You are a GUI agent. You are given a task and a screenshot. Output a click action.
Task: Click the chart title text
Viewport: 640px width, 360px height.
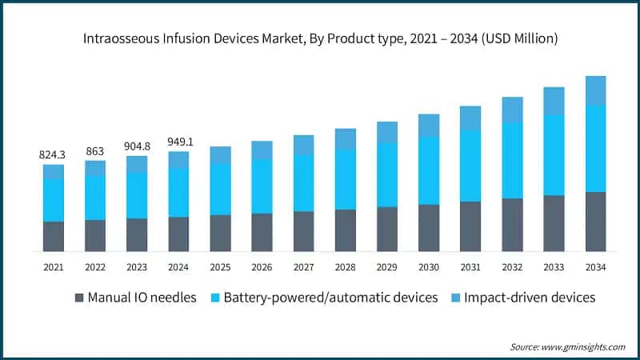tap(319, 38)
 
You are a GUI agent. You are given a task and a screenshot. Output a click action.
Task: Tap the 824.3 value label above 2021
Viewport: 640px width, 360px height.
tap(54, 154)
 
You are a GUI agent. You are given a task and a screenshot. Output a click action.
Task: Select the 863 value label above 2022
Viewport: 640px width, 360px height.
tap(95, 150)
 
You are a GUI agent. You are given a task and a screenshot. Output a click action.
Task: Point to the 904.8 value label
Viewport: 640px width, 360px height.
tap(137, 146)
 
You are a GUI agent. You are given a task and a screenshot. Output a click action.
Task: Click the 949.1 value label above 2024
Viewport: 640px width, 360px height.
tap(178, 142)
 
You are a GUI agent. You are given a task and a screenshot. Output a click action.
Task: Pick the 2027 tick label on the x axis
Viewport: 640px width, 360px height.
tap(303, 266)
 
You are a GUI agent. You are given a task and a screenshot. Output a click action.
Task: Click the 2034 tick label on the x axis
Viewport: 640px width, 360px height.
tap(595, 266)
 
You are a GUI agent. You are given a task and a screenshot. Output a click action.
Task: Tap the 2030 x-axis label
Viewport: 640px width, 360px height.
tap(429, 266)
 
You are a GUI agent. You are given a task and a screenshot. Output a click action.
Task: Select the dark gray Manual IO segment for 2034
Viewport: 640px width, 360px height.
tap(595, 222)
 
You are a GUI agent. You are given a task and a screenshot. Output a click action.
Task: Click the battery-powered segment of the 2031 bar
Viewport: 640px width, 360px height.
tap(470, 166)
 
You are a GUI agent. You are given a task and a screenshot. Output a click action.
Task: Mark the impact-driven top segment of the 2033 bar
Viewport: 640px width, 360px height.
tap(554, 101)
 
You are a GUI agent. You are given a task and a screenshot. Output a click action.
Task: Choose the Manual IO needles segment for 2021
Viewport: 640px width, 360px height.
tap(54, 236)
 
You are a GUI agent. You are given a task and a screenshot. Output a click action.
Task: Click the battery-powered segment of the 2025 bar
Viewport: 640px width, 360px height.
tap(220, 190)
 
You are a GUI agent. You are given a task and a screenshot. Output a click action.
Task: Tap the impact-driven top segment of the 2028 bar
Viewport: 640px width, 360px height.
tap(345, 138)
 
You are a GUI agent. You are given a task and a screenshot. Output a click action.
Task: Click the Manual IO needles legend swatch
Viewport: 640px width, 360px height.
tap(78, 298)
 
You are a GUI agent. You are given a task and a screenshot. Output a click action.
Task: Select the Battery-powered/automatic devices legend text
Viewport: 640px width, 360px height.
tap(330, 298)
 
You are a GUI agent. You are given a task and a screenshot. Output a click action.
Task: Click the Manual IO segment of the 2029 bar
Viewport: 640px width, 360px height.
tap(387, 229)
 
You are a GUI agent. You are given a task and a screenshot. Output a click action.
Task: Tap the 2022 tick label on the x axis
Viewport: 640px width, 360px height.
tap(95, 266)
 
